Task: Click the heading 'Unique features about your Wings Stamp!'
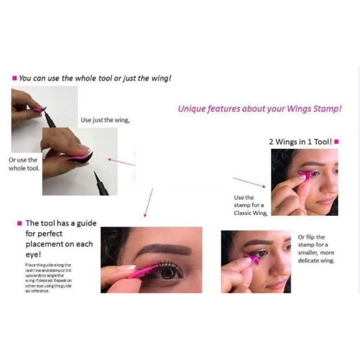(259, 109)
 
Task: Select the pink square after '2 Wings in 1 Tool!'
(336, 142)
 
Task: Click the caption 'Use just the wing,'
(105, 120)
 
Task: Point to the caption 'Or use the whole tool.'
(23, 164)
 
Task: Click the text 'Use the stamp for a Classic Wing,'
(250, 205)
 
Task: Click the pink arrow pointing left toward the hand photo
(121, 162)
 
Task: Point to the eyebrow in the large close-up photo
(162, 250)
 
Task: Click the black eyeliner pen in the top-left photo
(50, 119)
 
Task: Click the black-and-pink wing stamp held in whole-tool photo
(81, 157)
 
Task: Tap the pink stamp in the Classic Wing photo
(306, 175)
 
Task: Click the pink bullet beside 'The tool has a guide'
(19, 223)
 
